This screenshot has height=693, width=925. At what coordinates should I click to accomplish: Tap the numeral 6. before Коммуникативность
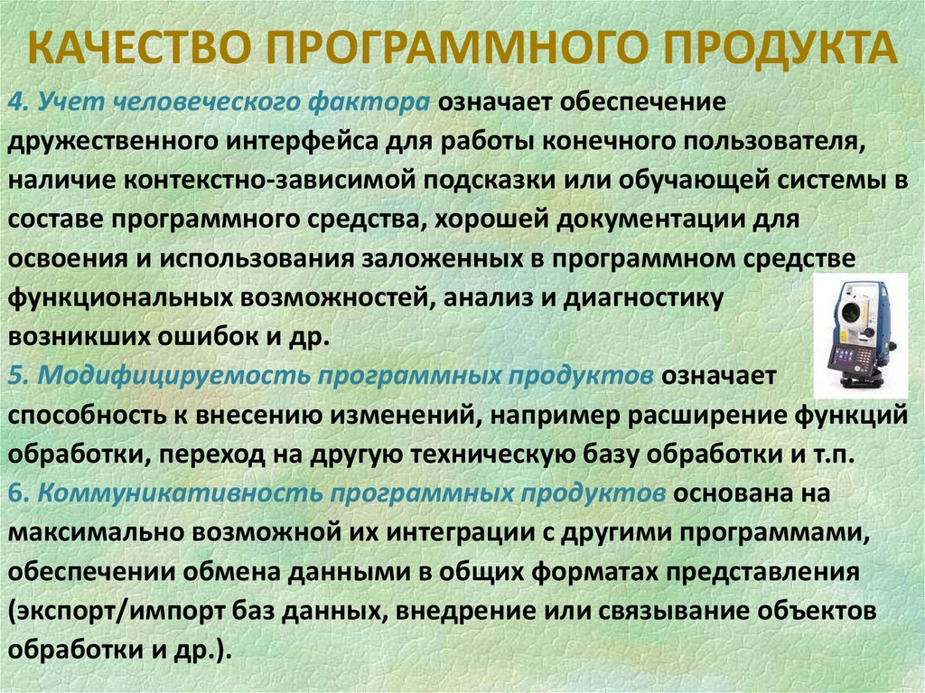(x=21, y=493)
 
